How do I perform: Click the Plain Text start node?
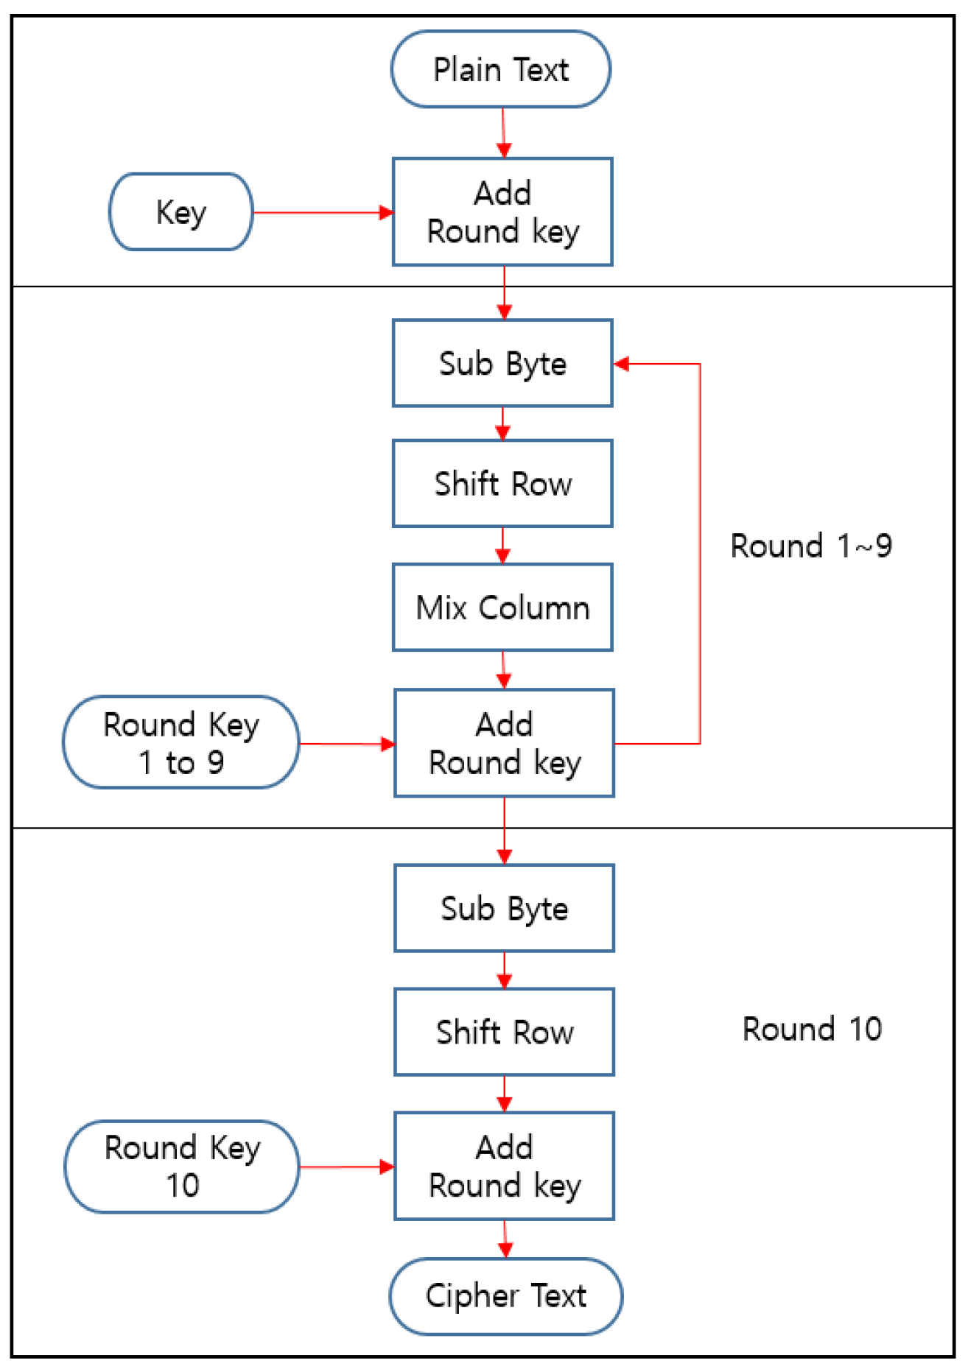[x=500, y=69]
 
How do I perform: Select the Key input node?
[x=181, y=212]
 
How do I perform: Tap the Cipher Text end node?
[x=505, y=1295]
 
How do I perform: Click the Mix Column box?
[x=502, y=608]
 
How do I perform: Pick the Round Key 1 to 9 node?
[x=181, y=742]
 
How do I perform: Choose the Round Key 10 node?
[x=182, y=1167]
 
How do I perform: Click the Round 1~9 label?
[x=810, y=546]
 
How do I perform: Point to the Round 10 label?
[x=811, y=1029]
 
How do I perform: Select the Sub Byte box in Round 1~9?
[x=502, y=363]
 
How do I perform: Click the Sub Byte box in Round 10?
[x=504, y=908]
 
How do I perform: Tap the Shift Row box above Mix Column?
[x=502, y=484]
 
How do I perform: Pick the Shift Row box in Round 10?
[x=504, y=1032]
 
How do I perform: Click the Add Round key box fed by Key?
[x=502, y=212]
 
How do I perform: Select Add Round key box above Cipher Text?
[x=504, y=1166]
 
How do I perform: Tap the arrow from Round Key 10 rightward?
[x=346, y=1167]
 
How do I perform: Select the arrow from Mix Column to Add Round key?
[x=503, y=670]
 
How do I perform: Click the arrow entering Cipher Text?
[x=505, y=1240]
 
